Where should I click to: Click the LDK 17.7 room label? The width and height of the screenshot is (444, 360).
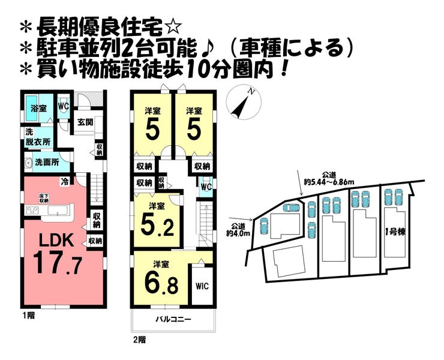tap(58, 254)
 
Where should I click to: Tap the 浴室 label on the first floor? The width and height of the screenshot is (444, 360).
tap(38, 108)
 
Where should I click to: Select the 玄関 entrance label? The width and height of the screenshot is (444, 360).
tap(85, 122)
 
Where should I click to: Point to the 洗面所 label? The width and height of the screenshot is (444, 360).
tap(47, 162)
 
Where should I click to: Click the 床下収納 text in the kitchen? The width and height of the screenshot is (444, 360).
tap(44, 198)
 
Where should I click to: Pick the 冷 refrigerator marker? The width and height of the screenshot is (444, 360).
tap(65, 182)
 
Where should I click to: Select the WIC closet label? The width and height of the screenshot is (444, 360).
tap(202, 286)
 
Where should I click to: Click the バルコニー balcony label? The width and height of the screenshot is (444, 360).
tap(173, 319)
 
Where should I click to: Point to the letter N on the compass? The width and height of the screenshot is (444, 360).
tap(251, 91)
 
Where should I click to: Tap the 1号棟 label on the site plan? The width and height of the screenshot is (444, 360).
tap(395, 232)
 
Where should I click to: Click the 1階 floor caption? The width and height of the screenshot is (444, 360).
tap(29, 316)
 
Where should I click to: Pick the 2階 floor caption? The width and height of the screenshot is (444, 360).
tap(140, 340)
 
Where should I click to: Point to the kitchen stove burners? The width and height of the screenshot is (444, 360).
tap(32, 210)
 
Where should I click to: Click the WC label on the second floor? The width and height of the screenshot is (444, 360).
tap(206, 187)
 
